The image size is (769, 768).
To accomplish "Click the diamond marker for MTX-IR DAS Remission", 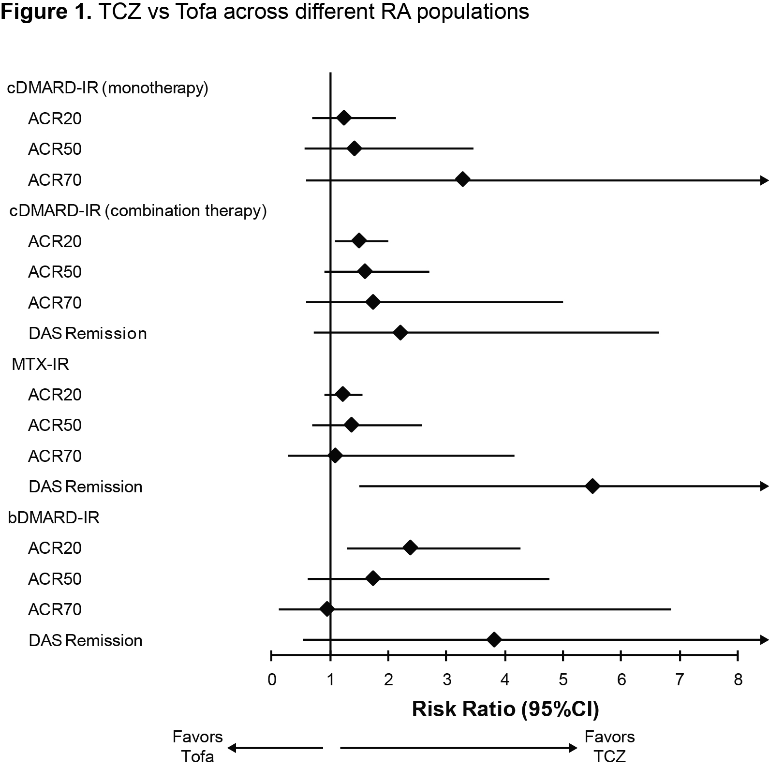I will click(x=592, y=487).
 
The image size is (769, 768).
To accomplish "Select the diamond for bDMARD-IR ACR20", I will click(x=410, y=548).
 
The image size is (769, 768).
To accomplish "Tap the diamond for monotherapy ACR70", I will click(x=463, y=179).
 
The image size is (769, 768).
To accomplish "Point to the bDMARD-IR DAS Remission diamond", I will click(x=494, y=640).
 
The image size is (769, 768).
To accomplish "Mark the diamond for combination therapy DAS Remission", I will click(x=400, y=333).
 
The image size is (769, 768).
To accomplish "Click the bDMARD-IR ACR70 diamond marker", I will click(x=327, y=609).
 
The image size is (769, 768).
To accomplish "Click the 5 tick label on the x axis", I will click(x=563, y=680).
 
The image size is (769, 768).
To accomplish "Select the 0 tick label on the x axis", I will click(x=272, y=680).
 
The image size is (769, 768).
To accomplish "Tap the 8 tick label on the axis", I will click(x=738, y=680).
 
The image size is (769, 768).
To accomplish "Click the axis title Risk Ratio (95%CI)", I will click(x=505, y=709).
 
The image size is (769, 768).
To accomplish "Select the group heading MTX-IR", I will click(x=40, y=364).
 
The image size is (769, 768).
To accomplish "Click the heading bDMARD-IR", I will click(x=54, y=517).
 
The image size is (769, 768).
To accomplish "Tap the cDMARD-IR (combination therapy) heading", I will click(x=138, y=211).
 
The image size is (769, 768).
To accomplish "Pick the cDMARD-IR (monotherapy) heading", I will click(x=107, y=88).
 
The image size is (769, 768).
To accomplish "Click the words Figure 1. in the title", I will click(x=46, y=12).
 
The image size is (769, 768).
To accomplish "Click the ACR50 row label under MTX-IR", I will click(x=55, y=425).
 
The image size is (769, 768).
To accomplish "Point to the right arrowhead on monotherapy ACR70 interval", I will click(x=764, y=180).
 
